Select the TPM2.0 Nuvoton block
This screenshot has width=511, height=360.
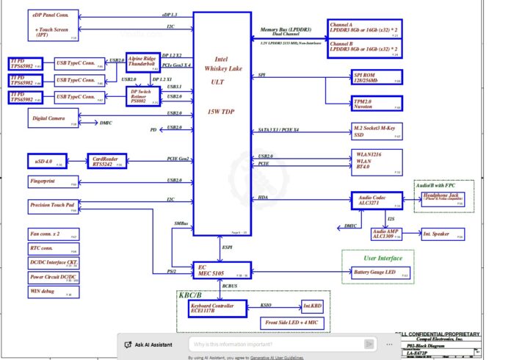pyautogui.click(x=377, y=104)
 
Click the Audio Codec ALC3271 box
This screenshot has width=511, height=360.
pyautogui.click(x=377, y=199)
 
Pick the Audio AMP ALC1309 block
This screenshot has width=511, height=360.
pyautogui.click(x=386, y=234)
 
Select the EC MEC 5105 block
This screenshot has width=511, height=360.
pyautogui.click(x=222, y=270)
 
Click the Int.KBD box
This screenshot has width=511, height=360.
pyautogui.click(x=311, y=306)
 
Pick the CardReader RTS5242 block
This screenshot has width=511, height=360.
pyautogui.click(x=107, y=159)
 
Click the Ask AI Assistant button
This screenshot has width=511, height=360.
pyautogui.click(x=151, y=344)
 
